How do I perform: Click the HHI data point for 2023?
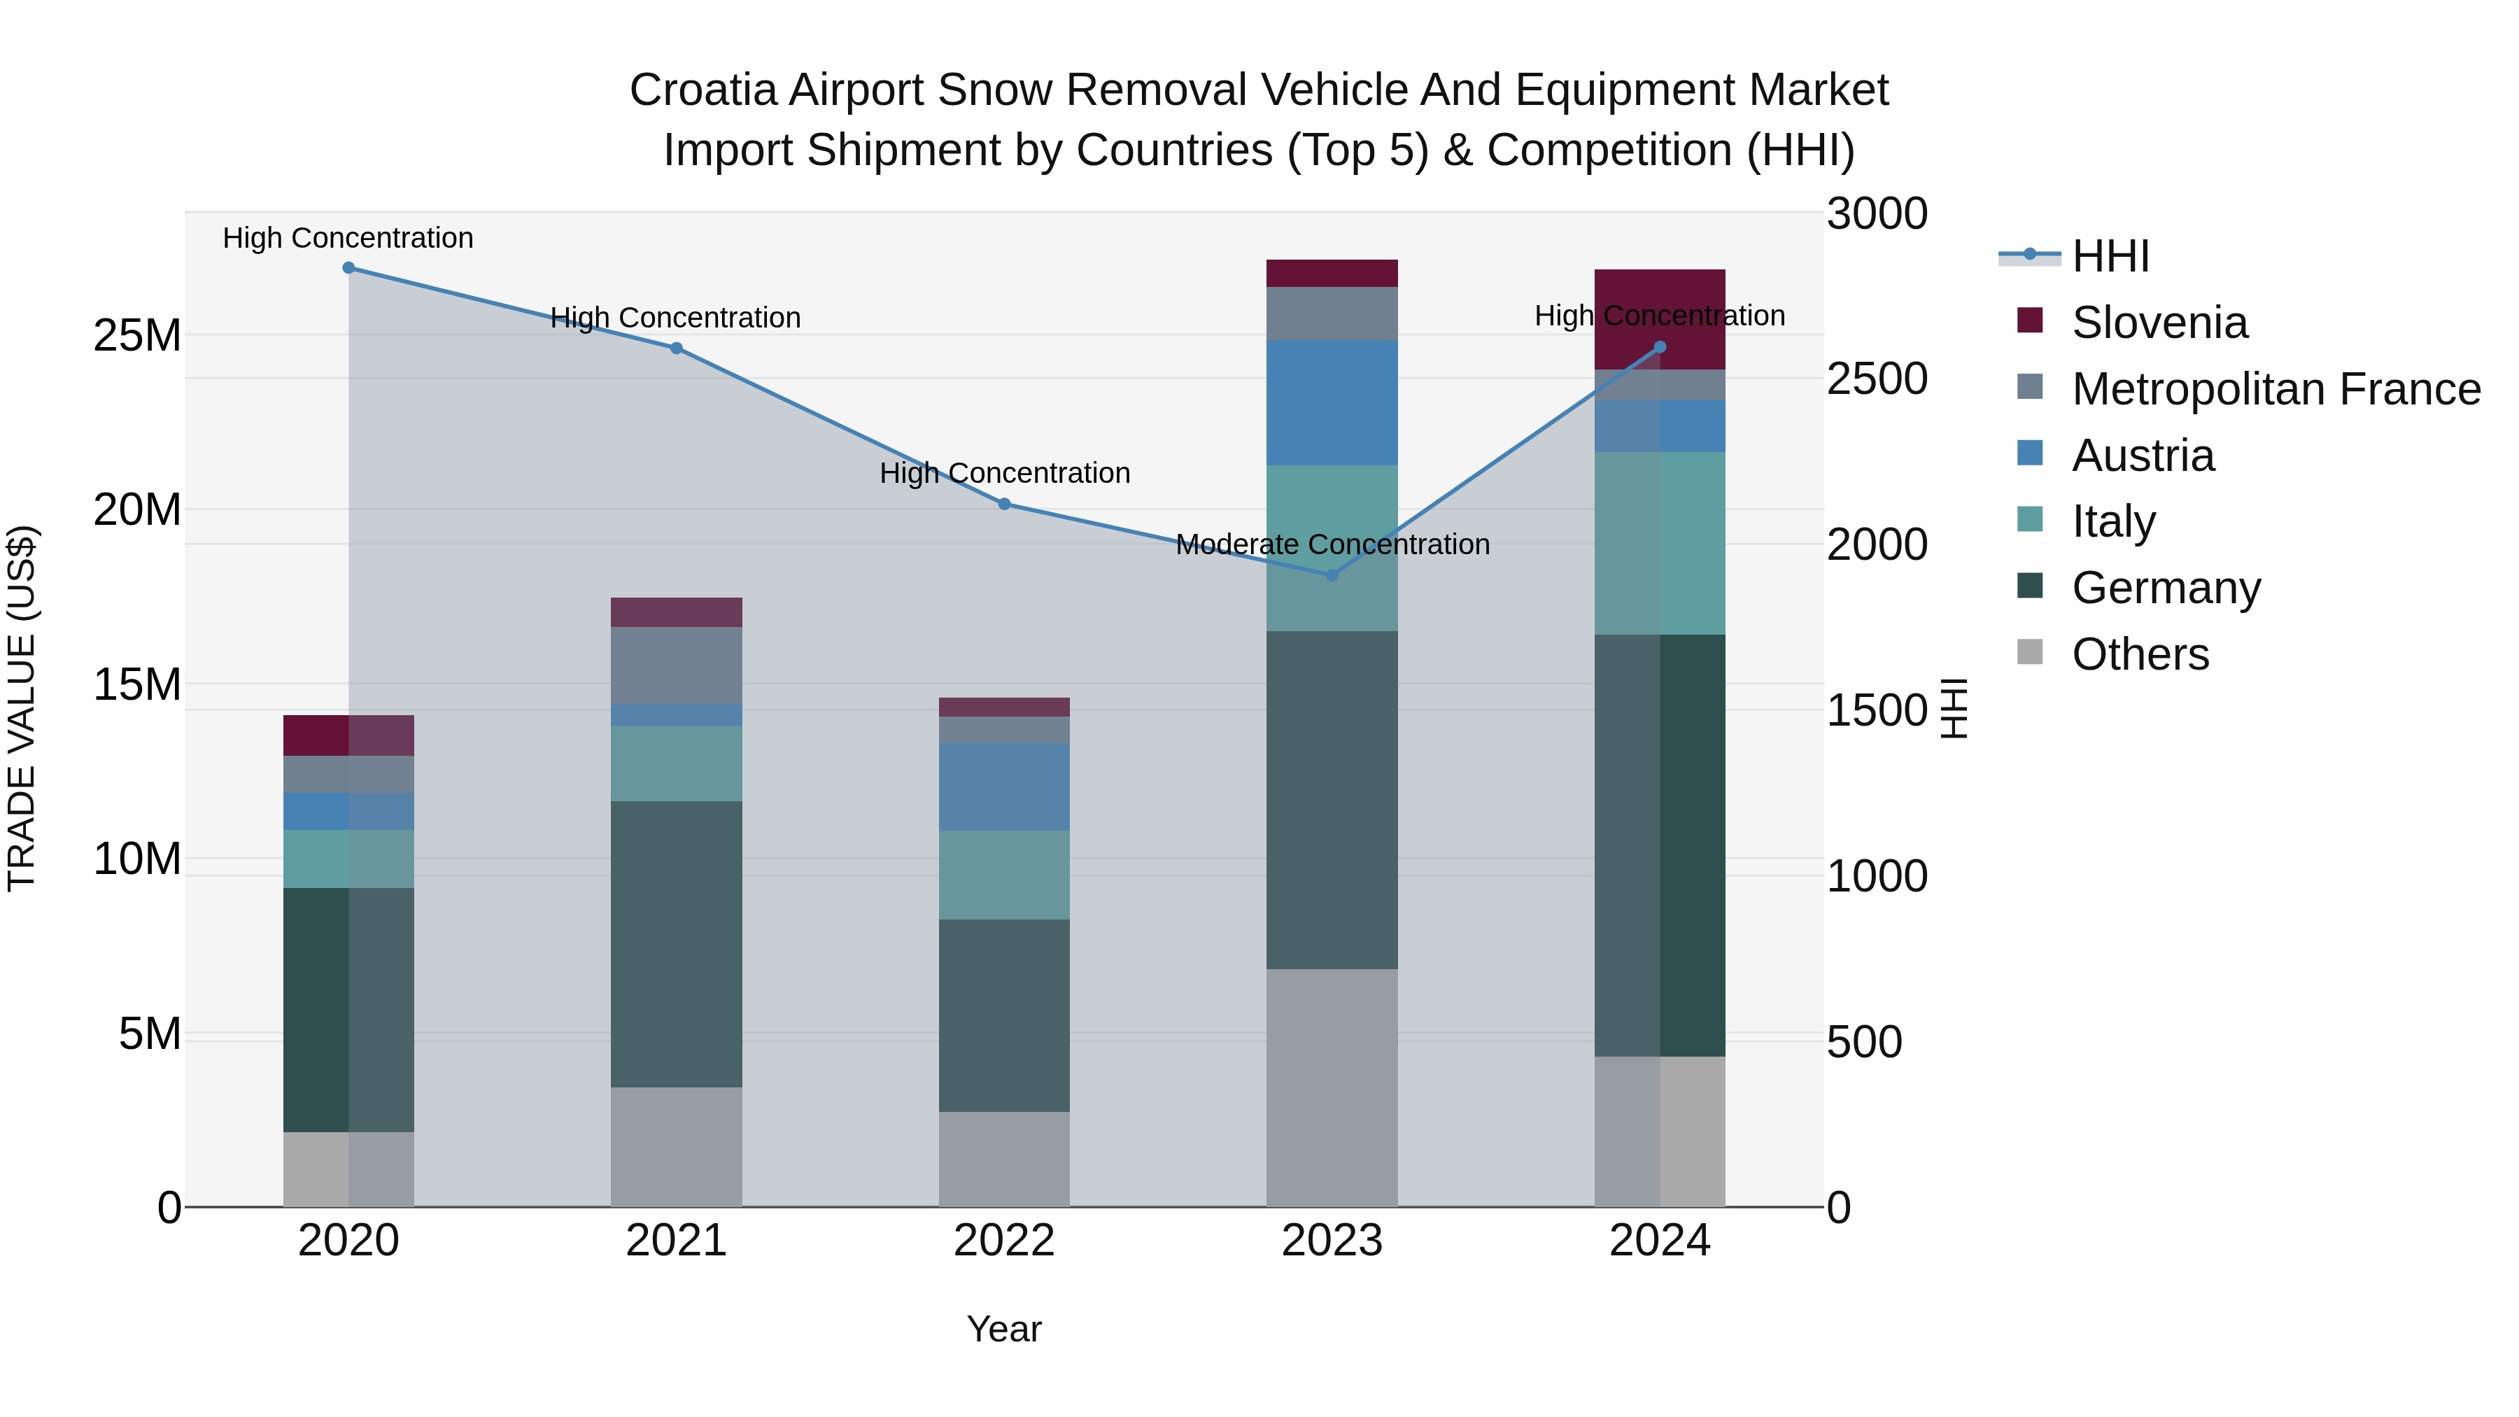(x=1331, y=575)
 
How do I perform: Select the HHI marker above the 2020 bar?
(x=348, y=268)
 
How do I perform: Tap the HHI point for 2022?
(x=1004, y=505)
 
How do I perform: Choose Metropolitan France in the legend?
(x=2275, y=389)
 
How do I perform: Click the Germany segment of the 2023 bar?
(x=1331, y=800)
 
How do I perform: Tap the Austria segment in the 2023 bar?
(x=1331, y=403)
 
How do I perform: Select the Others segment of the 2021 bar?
(x=676, y=1146)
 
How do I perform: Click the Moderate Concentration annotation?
(x=1332, y=544)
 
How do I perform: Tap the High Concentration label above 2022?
(x=1004, y=473)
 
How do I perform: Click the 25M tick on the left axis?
(x=137, y=335)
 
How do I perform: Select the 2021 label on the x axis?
(x=676, y=1241)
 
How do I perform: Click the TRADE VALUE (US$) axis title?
(x=22, y=708)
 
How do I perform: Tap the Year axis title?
(x=1003, y=1329)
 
